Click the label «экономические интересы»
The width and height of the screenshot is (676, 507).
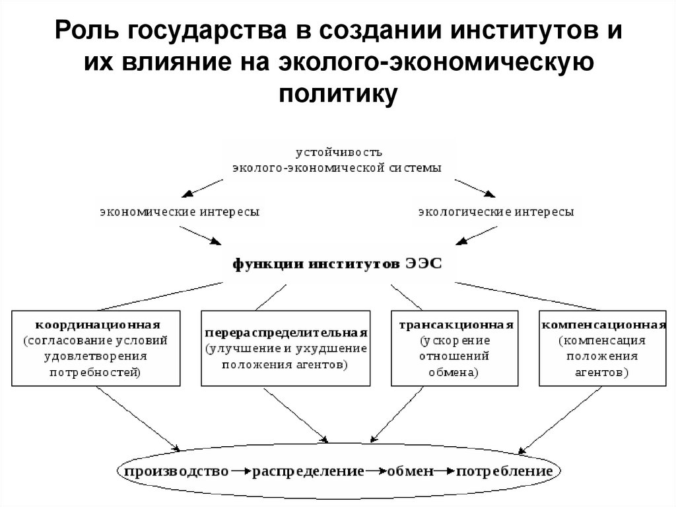[180, 212]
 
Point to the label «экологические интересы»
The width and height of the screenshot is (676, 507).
[496, 212]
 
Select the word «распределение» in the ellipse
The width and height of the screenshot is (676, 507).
[308, 472]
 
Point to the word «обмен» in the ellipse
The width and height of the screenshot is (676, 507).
[411, 472]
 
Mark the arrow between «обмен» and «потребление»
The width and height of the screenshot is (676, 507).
[445, 472]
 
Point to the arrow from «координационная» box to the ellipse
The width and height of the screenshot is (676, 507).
[139, 418]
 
